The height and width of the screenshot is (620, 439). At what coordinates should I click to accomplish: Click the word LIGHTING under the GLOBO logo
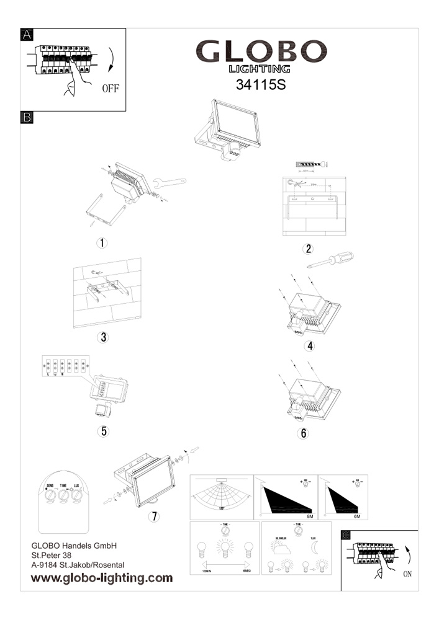(x=260, y=69)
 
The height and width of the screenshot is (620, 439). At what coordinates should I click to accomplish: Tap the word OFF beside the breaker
(x=110, y=88)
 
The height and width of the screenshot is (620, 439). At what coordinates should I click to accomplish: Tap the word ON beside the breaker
(x=407, y=574)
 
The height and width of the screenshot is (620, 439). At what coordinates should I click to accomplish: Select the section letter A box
(x=27, y=35)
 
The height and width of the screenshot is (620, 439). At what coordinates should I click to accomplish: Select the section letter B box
(x=27, y=117)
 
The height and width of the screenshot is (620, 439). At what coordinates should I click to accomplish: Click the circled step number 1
(x=102, y=242)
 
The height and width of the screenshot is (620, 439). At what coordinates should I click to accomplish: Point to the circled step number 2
(x=307, y=249)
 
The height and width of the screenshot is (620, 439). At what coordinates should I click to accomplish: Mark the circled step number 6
(x=304, y=433)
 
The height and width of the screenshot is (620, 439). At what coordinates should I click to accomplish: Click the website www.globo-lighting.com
(x=102, y=578)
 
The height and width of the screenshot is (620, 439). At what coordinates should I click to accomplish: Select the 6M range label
(x=357, y=516)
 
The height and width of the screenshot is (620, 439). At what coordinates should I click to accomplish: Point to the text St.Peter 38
(x=53, y=556)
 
